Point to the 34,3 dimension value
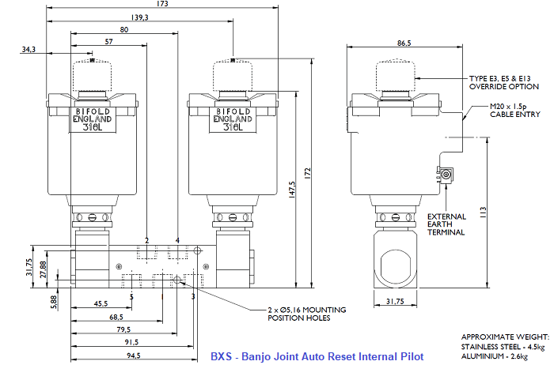click(29, 50)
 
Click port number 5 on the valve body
click(131, 296)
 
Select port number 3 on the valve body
click(192, 296)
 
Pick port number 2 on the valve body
click(147, 239)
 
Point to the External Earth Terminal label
click(446, 224)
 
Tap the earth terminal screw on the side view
click(446, 175)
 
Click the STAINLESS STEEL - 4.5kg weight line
click(501, 346)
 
